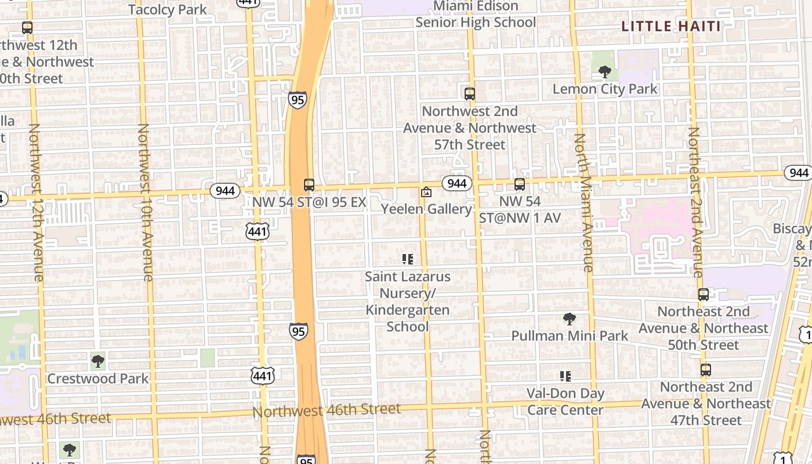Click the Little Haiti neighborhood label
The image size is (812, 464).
[671, 26]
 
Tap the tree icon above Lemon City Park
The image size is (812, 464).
[605, 72]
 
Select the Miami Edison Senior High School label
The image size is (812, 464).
[476, 14]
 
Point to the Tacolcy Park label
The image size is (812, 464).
[168, 9]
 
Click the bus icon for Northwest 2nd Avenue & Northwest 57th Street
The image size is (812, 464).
[470, 93]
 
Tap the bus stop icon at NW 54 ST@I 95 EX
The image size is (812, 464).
[309, 185]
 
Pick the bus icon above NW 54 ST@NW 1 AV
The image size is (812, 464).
[520, 184]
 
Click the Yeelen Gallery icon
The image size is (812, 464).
[426, 192]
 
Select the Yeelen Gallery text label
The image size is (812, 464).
[426, 209]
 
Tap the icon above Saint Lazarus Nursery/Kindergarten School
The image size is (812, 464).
[408, 259]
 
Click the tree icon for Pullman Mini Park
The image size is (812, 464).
[570, 318]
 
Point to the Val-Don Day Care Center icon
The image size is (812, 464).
[565, 376]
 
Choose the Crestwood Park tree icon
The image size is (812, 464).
[98, 361]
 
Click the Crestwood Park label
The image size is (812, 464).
[98, 379]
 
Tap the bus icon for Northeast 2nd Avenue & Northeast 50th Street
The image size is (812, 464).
[704, 294]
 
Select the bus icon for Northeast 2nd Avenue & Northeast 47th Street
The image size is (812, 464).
[706, 369]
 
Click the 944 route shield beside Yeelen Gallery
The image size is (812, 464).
[457, 184]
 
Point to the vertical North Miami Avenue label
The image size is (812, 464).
[584, 203]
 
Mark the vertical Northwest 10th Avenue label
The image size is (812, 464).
[145, 203]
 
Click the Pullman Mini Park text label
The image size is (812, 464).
[570, 336]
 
